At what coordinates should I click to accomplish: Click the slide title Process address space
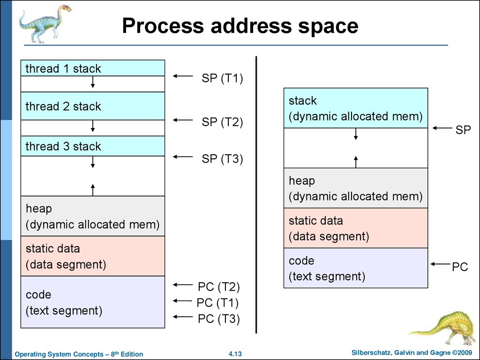coord(240,26)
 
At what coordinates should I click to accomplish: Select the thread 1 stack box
coord(93,68)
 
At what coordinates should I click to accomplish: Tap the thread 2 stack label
coord(63,106)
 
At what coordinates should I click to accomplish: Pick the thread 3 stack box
coord(93,146)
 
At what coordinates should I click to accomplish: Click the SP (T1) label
coord(222,78)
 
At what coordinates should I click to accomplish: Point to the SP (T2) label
coord(222,122)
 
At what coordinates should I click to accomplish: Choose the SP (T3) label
coord(222,159)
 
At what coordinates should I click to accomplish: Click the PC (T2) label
coord(218,287)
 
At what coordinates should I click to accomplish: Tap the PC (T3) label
coord(218,319)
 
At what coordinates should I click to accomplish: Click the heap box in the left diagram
coord(93,216)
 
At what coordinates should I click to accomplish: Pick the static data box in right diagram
coord(356,228)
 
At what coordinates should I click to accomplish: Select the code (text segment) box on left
coord(93,302)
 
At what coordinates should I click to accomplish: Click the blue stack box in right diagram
coord(356,108)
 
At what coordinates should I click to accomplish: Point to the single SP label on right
coord(463,130)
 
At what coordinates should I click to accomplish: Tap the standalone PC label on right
coord(460,268)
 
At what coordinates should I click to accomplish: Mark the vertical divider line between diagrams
coord(256,195)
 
